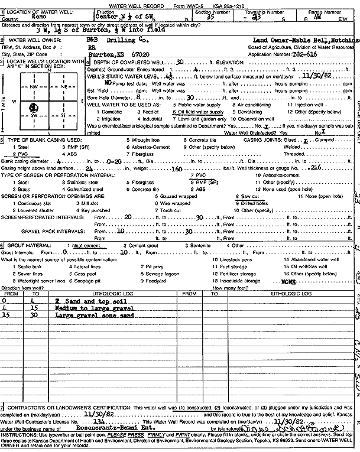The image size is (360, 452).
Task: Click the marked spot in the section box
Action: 32,107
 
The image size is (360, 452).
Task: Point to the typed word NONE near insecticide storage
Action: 289,282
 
